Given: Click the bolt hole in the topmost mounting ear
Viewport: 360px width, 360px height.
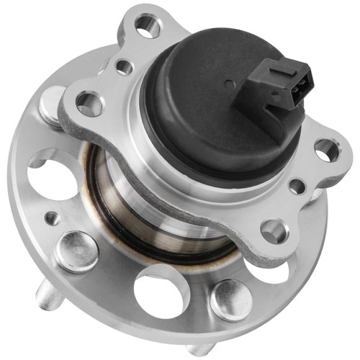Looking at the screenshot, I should pos(148,28).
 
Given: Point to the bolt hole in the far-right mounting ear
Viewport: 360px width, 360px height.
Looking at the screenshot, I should pos(325,149).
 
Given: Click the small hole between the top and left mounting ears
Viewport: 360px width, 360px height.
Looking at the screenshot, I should pos(124,67).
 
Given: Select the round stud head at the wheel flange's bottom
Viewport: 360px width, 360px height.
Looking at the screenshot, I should pos(230,297).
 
